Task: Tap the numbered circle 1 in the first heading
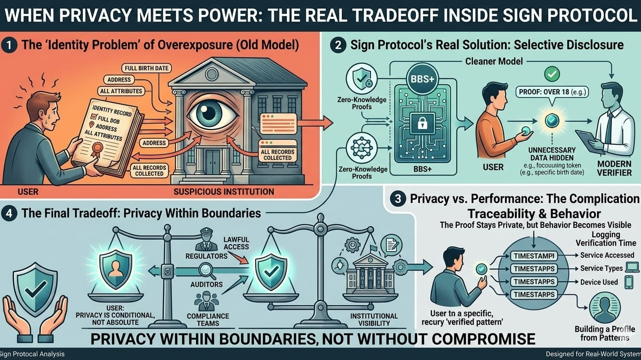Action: click(x=9, y=45)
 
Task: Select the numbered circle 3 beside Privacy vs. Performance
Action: click(x=398, y=198)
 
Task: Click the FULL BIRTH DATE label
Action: click(x=145, y=68)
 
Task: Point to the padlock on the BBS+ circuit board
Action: click(x=422, y=124)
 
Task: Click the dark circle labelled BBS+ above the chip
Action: click(x=422, y=78)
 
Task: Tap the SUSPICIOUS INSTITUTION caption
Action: click(x=224, y=192)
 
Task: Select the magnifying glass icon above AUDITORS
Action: click(x=206, y=270)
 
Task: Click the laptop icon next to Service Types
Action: click(x=632, y=268)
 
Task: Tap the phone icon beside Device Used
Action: click(x=628, y=282)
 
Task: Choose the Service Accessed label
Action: click(x=607, y=255)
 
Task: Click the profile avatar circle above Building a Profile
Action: click(x=604, y=307)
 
